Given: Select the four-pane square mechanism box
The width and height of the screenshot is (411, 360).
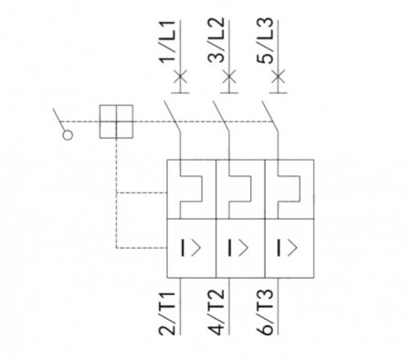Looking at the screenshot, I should pyautogui.click(x=116, y=121).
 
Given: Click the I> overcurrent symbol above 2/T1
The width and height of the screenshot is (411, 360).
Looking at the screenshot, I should pyautogui.click(x=189, y=247).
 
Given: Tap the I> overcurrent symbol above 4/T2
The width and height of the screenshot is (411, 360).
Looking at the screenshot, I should pyautogui.click(x=238, y=247).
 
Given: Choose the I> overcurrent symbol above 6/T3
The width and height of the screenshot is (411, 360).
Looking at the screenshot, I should pyautogui.click(x=288, y=247).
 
